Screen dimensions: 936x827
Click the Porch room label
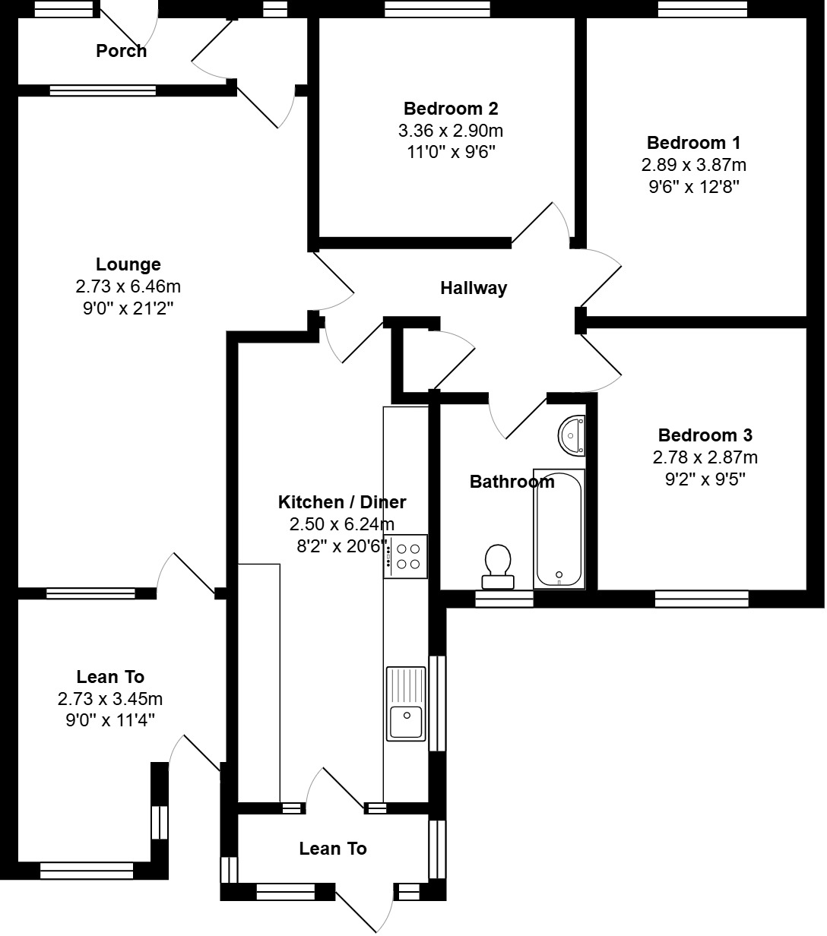(121, 51)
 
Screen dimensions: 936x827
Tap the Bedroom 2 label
(451, 109)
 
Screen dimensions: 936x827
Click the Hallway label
(474, 288)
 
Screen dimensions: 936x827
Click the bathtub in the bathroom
(559, 529)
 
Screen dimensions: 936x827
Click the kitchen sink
(406, 704)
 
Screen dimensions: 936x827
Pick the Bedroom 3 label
(705, 435)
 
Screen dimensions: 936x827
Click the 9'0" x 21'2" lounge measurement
(128, 308)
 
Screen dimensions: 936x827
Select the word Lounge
(128, 264)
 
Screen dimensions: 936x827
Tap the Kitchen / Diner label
(342, 502)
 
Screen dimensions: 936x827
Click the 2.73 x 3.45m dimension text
(110, 699)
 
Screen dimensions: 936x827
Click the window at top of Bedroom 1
(703, 9)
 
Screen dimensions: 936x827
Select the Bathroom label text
(512, 482)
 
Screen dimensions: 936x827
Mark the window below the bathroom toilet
(504, 600)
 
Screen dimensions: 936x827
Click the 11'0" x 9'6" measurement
(451, 152)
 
